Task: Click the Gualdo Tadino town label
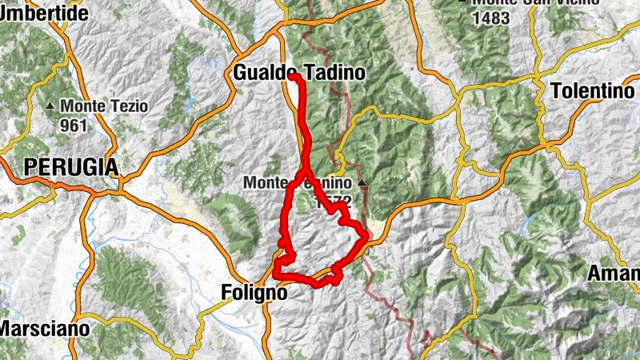tap(299, 73)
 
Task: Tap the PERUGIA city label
tap(71, 167)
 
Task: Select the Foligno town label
tap(253, 294)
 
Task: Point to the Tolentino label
tap(593, 91)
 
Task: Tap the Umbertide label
tap(44, 13)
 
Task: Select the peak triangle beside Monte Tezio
tap(51, 106)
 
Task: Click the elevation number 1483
tap(490, 18)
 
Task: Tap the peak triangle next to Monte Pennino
tap(362, 183)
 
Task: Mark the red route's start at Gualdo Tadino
tap(293, 77)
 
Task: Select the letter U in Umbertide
tap(6, 13)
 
